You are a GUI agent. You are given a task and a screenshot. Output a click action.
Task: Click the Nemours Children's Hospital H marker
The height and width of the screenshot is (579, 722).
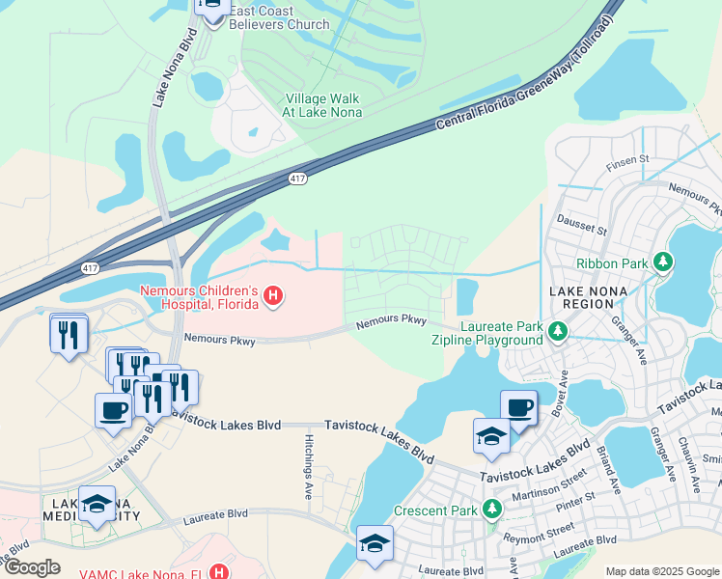pos(273,296)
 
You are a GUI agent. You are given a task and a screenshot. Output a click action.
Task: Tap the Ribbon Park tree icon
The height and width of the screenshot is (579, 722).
pos(662,262)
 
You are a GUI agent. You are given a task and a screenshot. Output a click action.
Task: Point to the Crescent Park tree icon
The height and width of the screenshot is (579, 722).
pos(492,508)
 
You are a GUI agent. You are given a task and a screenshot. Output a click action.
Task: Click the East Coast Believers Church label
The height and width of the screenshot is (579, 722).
pos(279,17)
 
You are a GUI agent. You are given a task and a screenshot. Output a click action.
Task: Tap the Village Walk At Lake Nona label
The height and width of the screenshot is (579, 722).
pos(321,105)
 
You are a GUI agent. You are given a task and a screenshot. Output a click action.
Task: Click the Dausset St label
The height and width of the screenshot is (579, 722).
pos(581,230)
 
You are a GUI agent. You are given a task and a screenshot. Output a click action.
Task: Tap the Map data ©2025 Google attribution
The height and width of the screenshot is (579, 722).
pos(662,571)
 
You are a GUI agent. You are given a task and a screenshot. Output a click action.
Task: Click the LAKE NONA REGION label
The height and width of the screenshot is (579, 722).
pos(581,297)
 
